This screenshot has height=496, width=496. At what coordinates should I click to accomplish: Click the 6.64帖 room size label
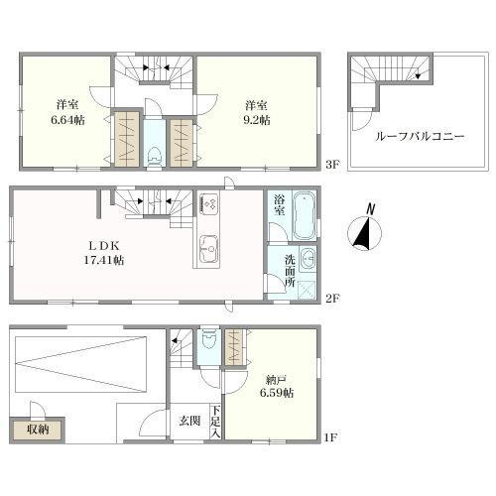click(x=67, y=120)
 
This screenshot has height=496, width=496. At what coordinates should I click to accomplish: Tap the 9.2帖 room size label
click(x=257, y=120)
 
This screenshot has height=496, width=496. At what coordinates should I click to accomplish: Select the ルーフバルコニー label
click(x=420, y=136)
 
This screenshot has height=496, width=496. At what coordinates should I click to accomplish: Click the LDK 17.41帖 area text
click(x=103, y=253)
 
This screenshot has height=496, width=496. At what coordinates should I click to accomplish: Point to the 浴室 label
click(x=280, y=205)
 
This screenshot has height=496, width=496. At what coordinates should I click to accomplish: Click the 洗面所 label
click(x=290, y=271)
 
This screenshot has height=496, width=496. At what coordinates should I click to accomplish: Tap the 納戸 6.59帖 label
click(x=277, y=386)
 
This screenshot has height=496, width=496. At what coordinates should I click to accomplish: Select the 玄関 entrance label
click(x=189, y=421)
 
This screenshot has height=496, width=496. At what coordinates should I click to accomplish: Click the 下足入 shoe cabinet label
click(x=215, y=423)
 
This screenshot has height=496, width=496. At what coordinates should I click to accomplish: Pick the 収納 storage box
click(x=38, y=430)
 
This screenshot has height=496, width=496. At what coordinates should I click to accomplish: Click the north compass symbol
click(x=365, y=230)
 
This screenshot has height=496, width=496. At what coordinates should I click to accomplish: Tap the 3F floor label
click(x=332, y=165)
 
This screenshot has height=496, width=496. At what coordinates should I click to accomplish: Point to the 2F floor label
click(x=332, y=299)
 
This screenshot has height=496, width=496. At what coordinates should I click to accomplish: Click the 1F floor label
click(x=330, y=437)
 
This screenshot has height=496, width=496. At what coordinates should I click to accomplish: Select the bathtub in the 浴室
click(x=305, y=215)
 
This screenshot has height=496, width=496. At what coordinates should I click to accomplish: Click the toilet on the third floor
click(x=155, y=158)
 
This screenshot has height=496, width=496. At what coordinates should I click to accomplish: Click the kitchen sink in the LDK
click(x=209, y=248)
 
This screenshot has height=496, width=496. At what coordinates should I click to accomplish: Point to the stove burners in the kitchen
click(x=209, y=204)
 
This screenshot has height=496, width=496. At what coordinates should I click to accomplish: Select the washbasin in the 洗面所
click(x=309, y=258)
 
